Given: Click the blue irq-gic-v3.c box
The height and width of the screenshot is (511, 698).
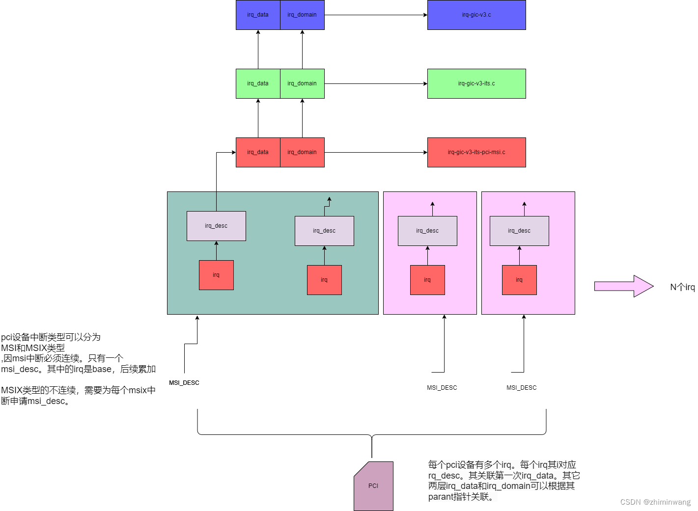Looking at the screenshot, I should pyautogui.click(x=476, y=15).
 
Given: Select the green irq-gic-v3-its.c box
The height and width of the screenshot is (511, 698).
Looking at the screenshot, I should pyautogui.click(x=476, y=83).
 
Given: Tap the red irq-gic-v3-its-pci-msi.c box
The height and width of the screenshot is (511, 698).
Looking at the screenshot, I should pyautogui.click(x=476, y=152).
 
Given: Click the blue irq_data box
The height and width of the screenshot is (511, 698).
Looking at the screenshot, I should pyautogui.click(x=258, y=15).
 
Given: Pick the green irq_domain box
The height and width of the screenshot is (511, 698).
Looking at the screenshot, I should pyautogui.click(x=302, y=83).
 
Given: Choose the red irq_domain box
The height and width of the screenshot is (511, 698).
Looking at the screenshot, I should pyautogui.click(x=302, y=152).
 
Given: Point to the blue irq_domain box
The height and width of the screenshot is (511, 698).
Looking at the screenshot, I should pyautogui.click(x=302, y=15).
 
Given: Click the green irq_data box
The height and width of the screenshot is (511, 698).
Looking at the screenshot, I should pyautogui.click(x=258, y=83).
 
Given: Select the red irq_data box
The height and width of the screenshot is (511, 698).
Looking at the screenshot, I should pyautogui.click(x=258, y=152).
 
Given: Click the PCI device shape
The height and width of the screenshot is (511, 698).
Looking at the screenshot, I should pyautogui.click(x=374, y=486).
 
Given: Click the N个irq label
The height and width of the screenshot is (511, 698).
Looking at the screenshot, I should pyautogui.click(x=682, y=287).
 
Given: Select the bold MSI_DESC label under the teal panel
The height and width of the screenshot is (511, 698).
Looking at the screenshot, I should pyautogui.click(x=184, y=383).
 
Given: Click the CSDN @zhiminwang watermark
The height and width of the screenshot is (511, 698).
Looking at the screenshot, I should pyautogui.click(x=655, y=502).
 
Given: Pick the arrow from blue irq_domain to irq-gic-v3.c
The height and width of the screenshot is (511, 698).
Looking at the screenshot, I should pyautogui.click(x=376, y=15).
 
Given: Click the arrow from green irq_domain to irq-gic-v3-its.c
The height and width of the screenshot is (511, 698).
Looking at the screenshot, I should pyautogui.click(x=376, y=83).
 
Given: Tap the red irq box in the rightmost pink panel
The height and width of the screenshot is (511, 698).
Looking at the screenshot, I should pyautogui.click(x=519, y=280).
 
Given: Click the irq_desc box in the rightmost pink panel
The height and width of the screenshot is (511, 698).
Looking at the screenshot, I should pyautogui.click(x=519, y=231).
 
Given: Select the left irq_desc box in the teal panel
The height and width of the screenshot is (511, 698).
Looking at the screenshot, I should pyautogui.click(x=216, y=226).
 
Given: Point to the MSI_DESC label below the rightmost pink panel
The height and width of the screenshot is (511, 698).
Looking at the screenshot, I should pyautogui.click(x=522, y=388).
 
